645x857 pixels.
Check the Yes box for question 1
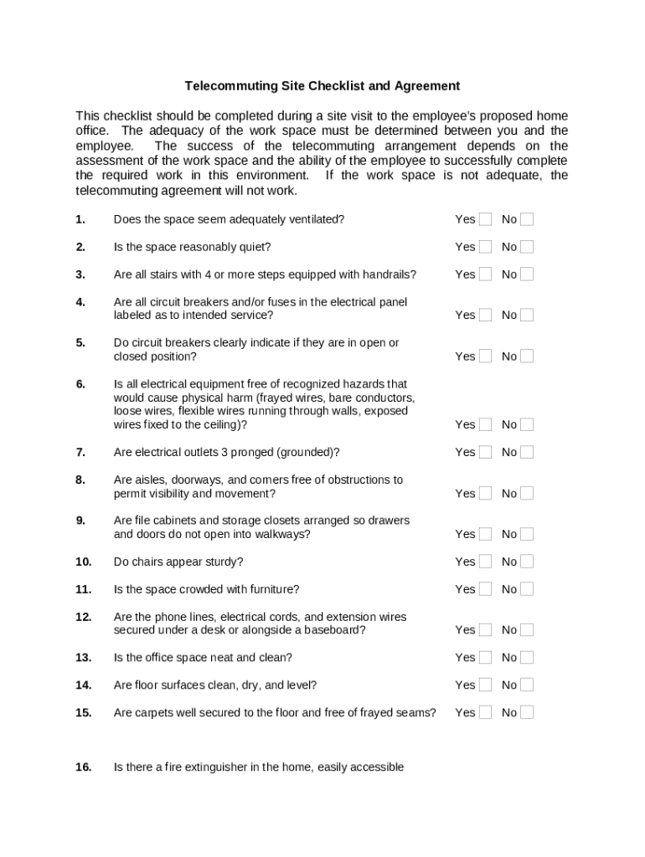(x=486, y=220)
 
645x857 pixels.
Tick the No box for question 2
(x=527, y=248)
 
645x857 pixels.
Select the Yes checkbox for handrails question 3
(x=486, y=275)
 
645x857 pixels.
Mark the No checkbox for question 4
(x=527, y=316)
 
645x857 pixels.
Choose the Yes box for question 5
(x=486, y=357)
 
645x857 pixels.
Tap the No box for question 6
(x=527, y=425)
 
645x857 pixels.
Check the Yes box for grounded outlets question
(x=486, y=453)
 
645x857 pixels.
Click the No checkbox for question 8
(x=527, y=494)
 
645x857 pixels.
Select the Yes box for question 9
(x=486, y=534)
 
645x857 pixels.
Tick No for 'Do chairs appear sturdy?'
(x=527, y=562)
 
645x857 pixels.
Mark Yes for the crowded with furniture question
(x=486, y=589)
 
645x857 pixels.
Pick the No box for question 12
(x=527, y=630)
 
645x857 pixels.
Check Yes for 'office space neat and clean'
(x=486, y=658)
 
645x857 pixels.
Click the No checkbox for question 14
(x=527, y=685)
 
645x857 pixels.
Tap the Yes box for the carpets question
(x=486, y=713)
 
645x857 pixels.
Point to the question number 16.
(x=82, y=767)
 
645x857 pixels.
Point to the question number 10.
(x=82, y=562)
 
